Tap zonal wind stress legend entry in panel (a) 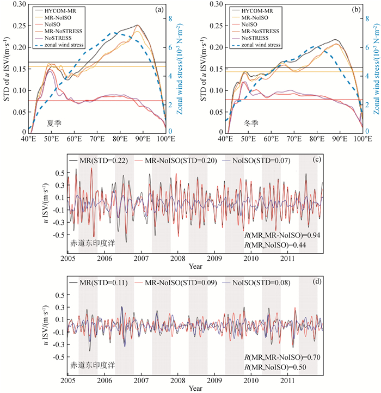coord(65,45)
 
